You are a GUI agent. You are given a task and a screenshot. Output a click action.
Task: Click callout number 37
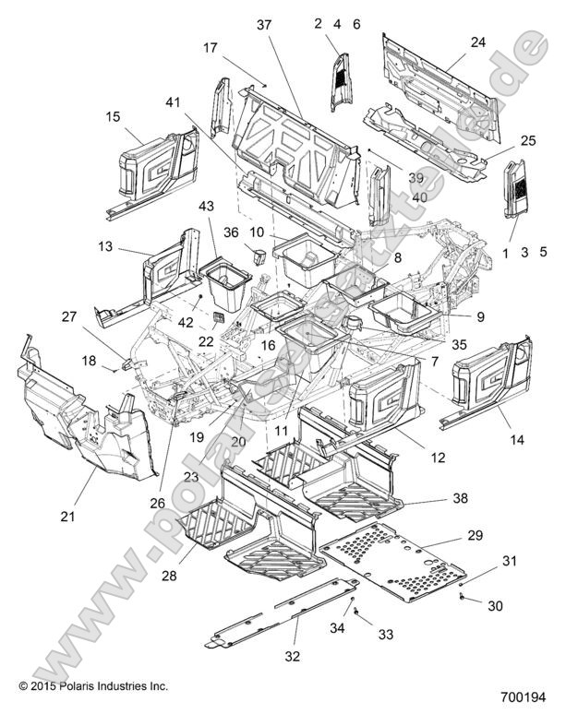click(264, 25)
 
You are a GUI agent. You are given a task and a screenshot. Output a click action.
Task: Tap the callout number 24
click(477, 42)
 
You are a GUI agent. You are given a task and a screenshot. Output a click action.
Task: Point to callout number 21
click(67, 517)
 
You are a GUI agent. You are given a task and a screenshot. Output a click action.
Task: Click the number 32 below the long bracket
click(293, 656)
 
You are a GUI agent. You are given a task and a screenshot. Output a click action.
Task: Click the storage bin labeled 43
click(226, 287)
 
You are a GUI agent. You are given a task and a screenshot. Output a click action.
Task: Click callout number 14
click(517, 440)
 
